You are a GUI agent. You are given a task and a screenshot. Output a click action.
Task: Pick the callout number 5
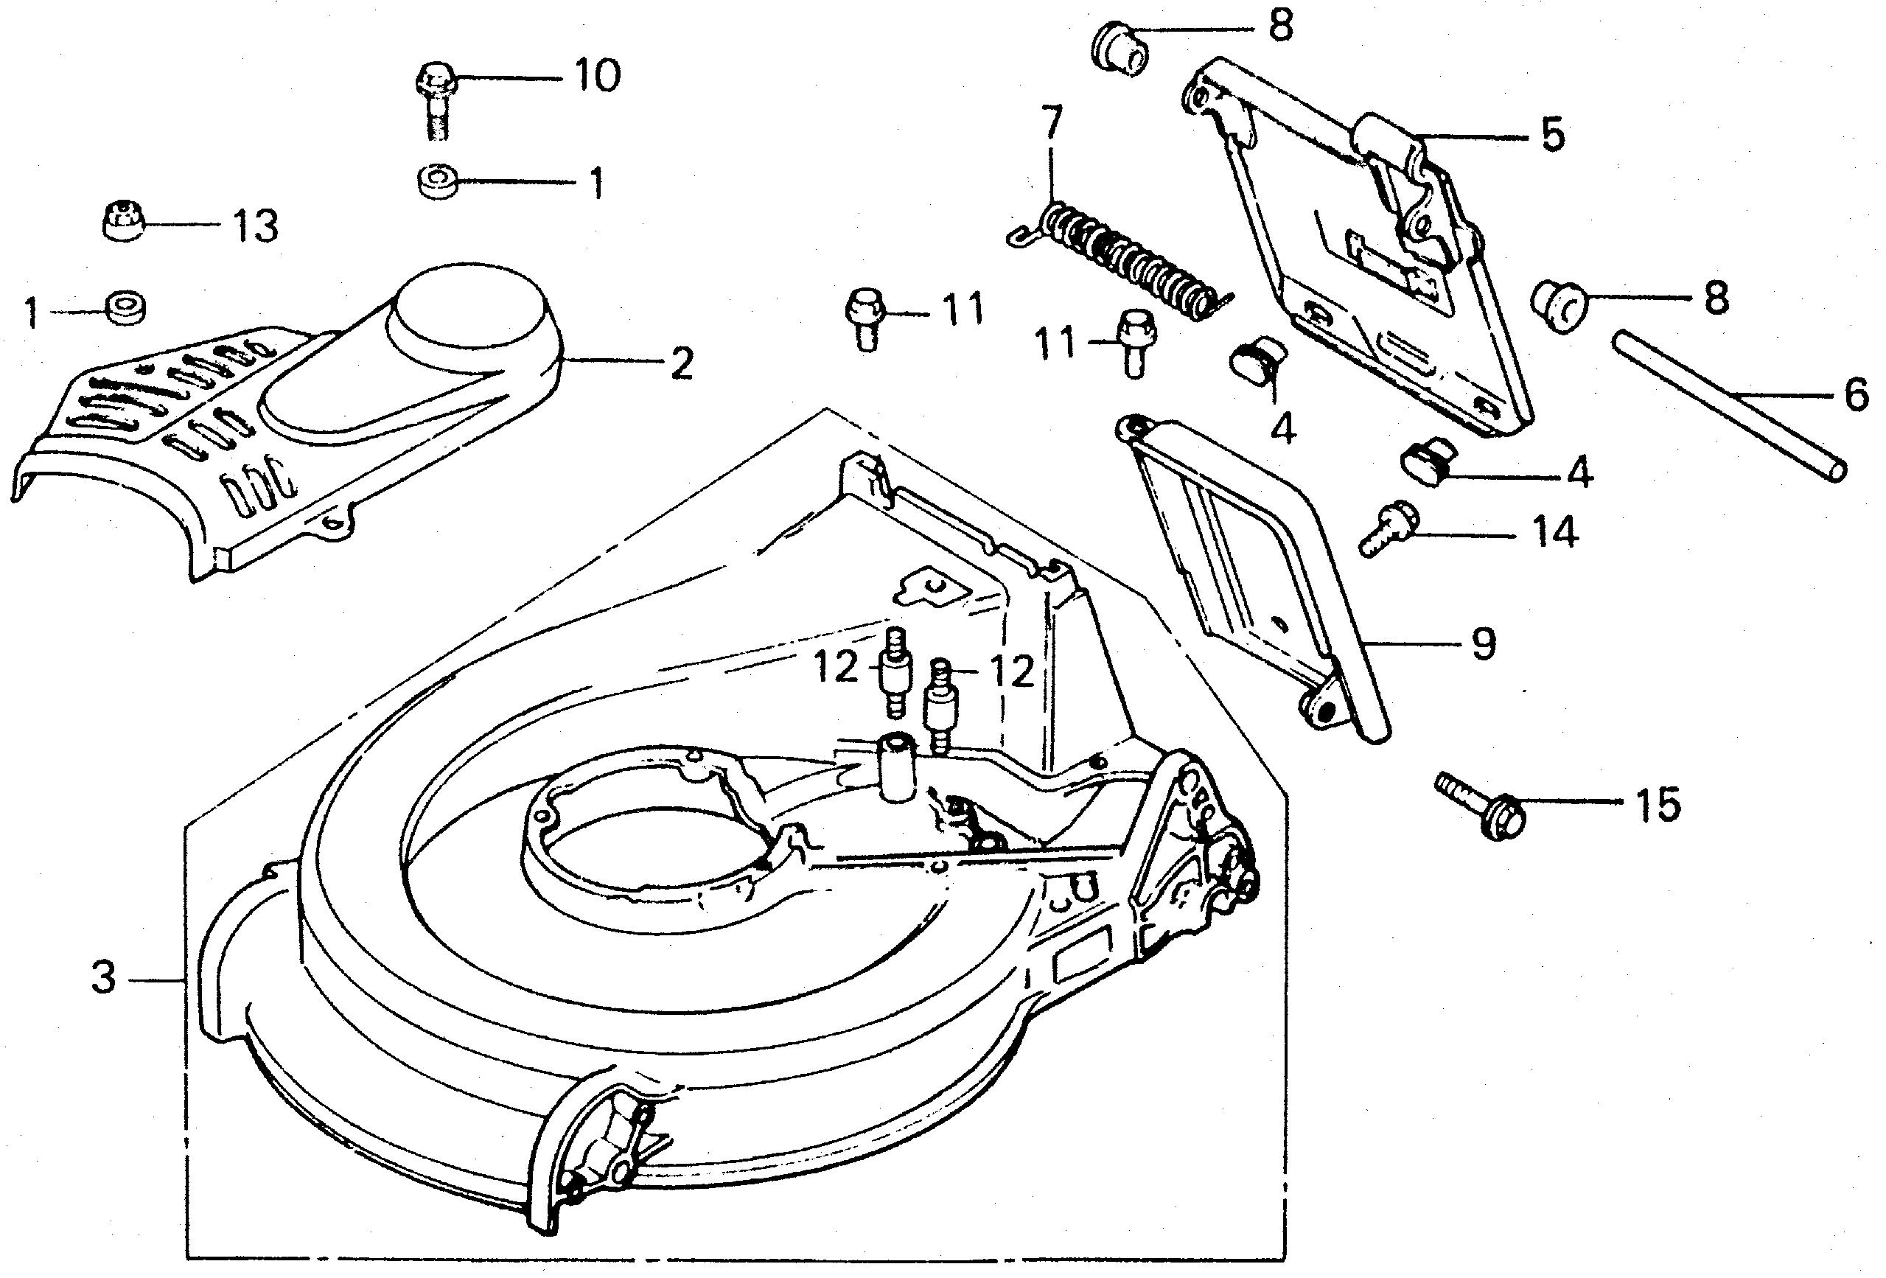[1551, 135]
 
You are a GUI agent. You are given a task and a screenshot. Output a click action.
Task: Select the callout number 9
[1483, 644]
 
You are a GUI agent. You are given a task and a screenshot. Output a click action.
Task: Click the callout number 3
[103, 979]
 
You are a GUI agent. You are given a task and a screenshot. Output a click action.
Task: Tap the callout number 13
[255, 226]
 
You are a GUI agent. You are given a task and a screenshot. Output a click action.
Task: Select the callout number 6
[1855, 396]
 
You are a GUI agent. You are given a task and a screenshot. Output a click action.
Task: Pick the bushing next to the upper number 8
[1121, 48]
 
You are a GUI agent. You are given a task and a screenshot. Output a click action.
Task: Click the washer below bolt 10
[438, 180]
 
